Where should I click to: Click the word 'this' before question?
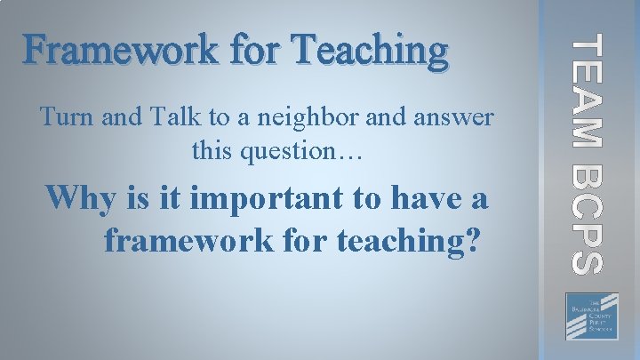tap(212, 150)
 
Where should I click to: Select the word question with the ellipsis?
tap(303, 152)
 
